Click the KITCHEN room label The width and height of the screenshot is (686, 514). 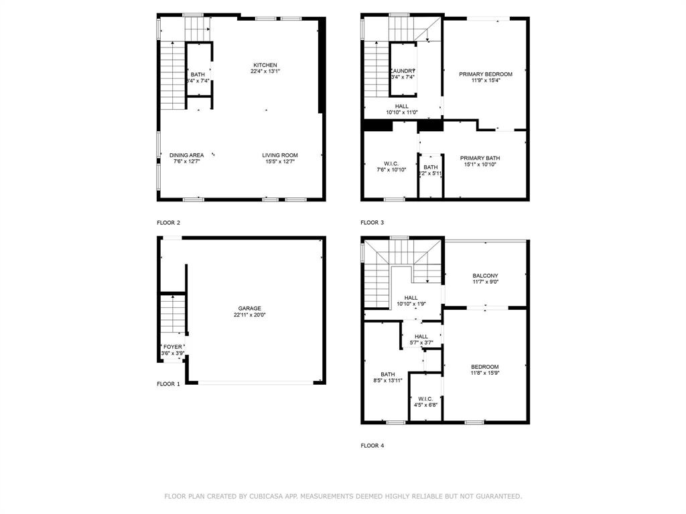265,64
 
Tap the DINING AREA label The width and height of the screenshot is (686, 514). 186,155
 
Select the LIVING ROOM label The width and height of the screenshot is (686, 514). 279,155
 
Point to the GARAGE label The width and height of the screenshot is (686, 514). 247,309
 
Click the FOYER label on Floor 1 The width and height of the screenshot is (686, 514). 172,347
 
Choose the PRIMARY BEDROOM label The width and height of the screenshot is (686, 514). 485,74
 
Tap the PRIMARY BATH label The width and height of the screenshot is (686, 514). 480,158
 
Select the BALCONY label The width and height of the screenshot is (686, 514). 485,276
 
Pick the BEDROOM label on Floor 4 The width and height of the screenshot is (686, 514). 484,367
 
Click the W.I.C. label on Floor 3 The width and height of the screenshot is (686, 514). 391,164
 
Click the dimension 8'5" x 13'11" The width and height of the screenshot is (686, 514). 387,380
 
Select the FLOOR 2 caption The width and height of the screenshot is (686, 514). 168,222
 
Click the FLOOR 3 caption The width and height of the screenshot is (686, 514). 372,222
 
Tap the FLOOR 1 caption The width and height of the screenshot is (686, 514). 168,384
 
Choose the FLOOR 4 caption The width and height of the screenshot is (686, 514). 372,445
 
